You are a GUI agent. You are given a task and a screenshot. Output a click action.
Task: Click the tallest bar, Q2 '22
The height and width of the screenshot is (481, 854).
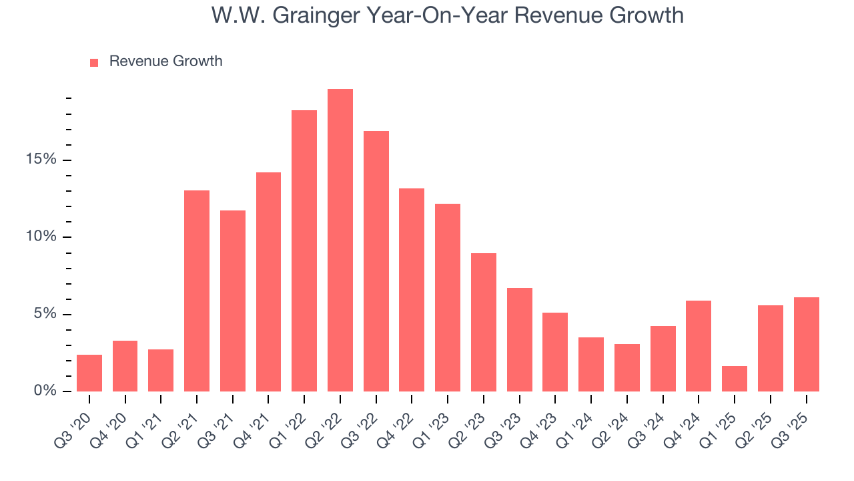tap(340, 240)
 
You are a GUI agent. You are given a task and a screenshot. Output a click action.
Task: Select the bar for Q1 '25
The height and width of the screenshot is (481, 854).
tap(734, 379)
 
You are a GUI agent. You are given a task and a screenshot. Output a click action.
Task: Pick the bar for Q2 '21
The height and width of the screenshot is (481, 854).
tap(197, 291)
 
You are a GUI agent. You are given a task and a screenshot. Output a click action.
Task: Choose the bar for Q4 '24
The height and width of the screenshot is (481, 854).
tap(699, 346)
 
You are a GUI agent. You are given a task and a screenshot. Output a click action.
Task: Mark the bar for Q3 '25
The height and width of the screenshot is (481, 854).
tap(806, 344)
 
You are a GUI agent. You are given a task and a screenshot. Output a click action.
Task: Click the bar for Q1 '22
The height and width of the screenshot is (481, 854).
tap(304, 251)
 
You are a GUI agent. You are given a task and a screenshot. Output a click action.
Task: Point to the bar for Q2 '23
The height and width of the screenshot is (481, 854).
tap(483, 322)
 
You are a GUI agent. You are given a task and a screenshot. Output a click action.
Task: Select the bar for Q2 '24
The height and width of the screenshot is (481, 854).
tap(626, 367)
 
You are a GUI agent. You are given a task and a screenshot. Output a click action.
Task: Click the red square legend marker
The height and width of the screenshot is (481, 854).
tap(94, 62)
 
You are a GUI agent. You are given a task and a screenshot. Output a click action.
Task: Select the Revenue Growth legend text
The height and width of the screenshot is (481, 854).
tap(165, 61)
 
